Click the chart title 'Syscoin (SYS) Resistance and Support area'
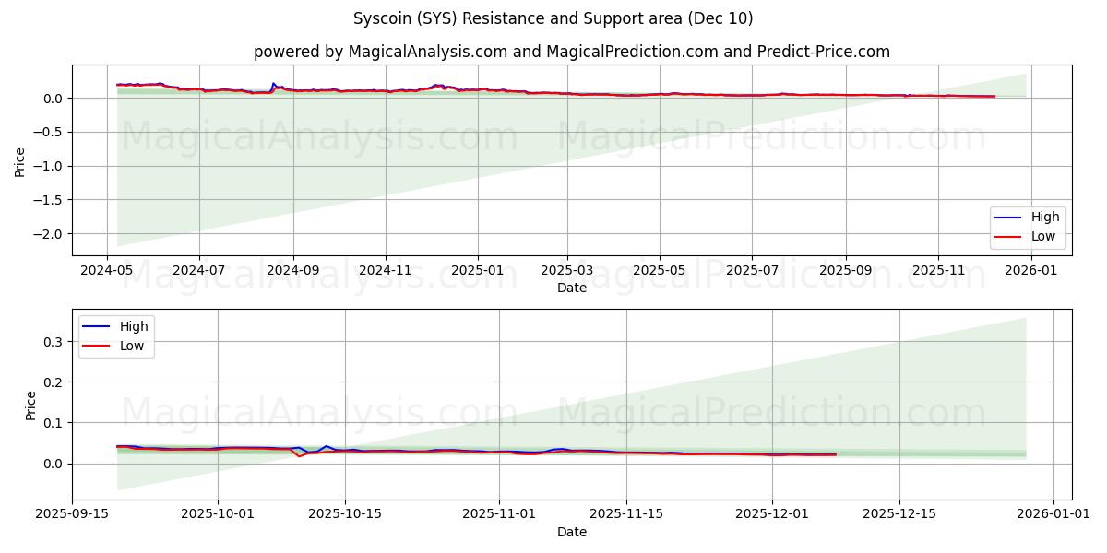(x=553, y=18)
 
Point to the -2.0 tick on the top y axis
(x=48, y=234)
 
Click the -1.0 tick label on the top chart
(x=48, y=166)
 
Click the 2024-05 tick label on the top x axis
(x=107, y=272)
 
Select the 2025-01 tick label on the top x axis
(x=478, y=272)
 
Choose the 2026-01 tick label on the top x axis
(x=1030, y=272)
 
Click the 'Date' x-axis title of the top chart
(x=571, y=288)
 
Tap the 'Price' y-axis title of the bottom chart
(x=31, y=406)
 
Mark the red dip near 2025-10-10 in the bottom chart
(x=299, y=456)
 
